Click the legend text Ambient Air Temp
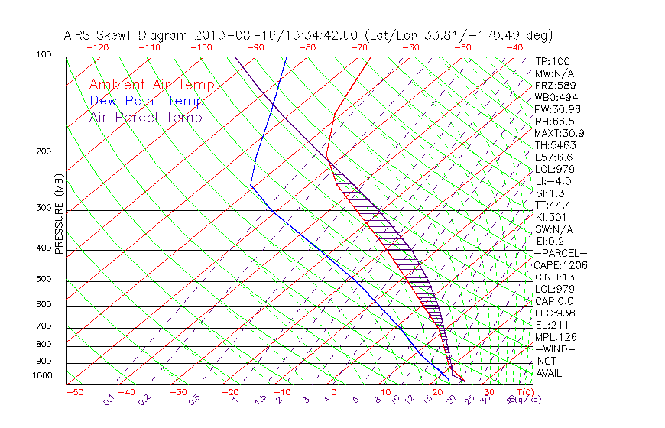coord(151,85)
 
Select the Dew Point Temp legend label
coord(147,101)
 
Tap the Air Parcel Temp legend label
coord(145,117)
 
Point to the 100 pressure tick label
coord(44,55)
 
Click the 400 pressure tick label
coord(44,248)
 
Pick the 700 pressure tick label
coord(44,326)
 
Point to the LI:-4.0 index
coord(553,181)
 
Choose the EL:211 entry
coord(550,325)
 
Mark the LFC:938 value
coord(555,313)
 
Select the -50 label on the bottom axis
coord(75,392)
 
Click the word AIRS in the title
coord(80,36)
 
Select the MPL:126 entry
coord(555,337)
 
